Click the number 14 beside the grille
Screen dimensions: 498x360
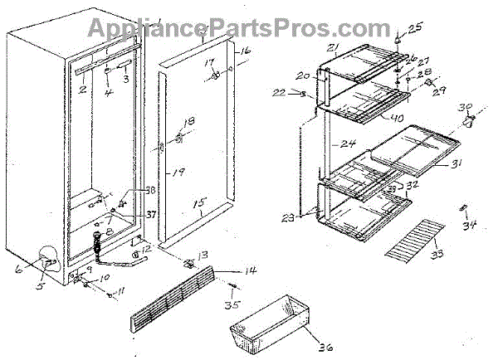click(247, 271)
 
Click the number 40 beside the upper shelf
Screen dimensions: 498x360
click(398, 119)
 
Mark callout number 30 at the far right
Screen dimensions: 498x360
click(467, 108)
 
